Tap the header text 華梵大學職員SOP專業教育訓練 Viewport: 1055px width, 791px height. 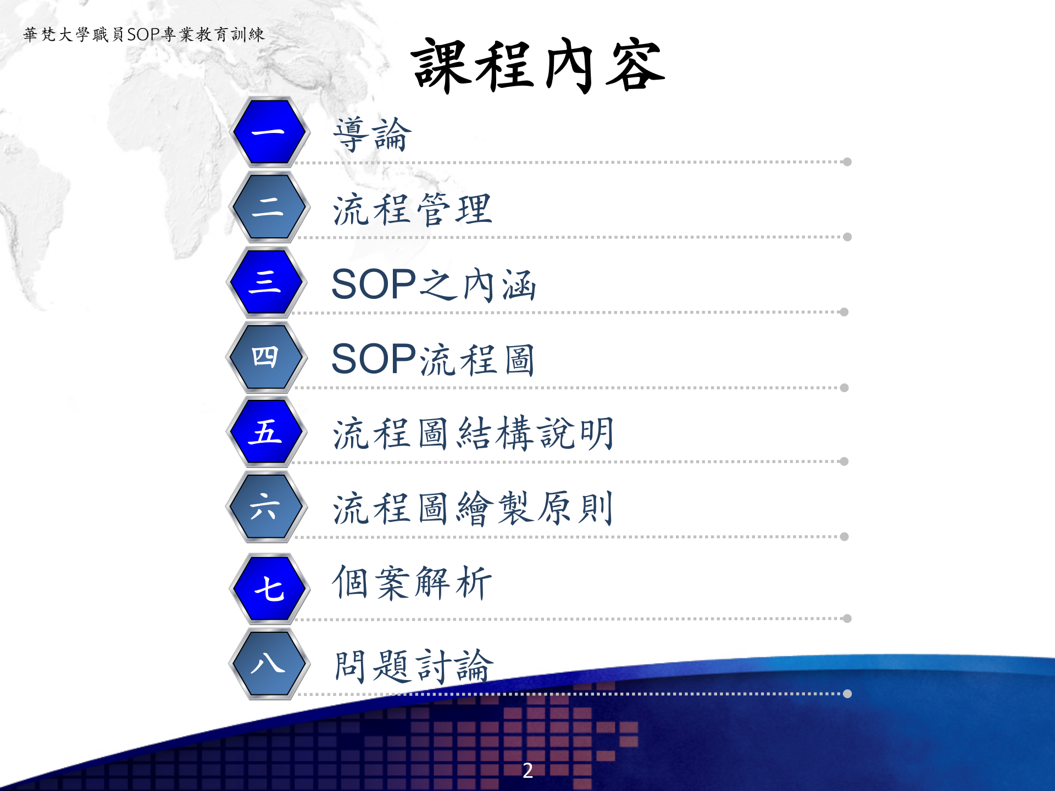point(144,35)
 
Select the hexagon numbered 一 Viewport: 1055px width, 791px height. point(269,132)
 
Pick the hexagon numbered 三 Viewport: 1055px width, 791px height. point(266,282)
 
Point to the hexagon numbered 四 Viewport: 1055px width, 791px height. point(266,357)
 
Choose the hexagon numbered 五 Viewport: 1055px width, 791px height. point(266,432)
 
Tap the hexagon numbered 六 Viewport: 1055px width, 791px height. point(266,506)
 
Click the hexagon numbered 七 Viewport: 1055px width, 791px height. point(269,588)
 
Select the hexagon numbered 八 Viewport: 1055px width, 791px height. point(269,664)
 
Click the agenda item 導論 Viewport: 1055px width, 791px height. point(372,135)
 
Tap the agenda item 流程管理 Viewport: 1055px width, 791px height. point(412,210)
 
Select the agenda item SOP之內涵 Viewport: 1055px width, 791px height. point(434,285)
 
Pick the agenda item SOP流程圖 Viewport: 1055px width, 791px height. point(434,360)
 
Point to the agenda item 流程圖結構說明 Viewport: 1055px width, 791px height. point(473,434)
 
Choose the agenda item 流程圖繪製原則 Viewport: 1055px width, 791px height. point(473,509)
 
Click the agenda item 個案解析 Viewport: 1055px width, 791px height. point(412,583)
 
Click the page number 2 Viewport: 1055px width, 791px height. point(527,770)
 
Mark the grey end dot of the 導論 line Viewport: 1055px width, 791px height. point(847,162)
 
